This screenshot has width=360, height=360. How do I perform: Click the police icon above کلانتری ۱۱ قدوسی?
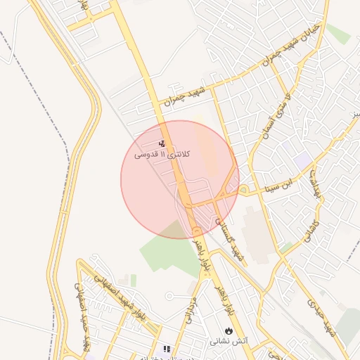[162, 143]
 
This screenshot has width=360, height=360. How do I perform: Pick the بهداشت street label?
[316, 187]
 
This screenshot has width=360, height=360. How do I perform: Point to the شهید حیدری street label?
[321, 316]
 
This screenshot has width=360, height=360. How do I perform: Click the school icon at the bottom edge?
[166, 349]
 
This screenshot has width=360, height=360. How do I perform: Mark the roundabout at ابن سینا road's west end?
[243, 190]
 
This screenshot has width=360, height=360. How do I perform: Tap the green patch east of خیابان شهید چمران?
[338, 33]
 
